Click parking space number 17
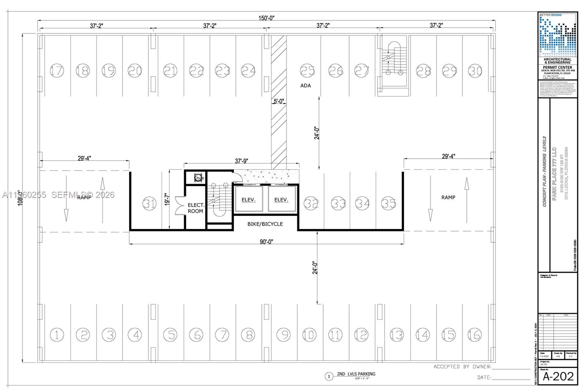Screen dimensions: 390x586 click(57, 70)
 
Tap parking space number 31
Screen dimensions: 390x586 click(149, 203)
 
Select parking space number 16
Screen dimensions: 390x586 click(474, 334)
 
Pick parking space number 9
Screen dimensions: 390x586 click(283, 334)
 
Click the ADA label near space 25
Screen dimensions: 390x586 click(305, 86)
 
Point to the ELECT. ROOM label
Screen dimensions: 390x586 click(196, 208)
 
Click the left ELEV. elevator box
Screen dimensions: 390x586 click(248, 199)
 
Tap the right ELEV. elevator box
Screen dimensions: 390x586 click(281, 199)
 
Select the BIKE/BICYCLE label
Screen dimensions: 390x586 click(265, 224)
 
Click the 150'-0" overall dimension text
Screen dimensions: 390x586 click(267, 18)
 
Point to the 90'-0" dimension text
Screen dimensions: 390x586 click(266, 241)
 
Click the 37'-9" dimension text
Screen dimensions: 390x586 click(241, 161)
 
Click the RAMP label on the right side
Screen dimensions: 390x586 click(448, 197)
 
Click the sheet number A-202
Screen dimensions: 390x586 click(558, 376)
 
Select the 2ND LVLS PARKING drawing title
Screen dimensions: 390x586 click(356, 374)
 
